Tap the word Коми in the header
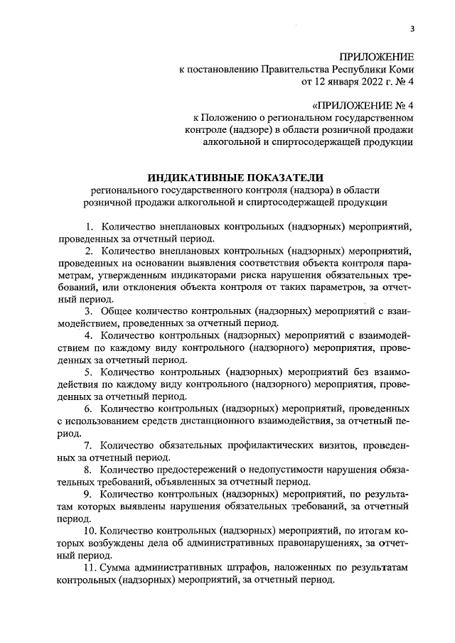(x=401, y=70)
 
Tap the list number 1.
(x=89, y=227)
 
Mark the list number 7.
(x=88, y=446)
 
